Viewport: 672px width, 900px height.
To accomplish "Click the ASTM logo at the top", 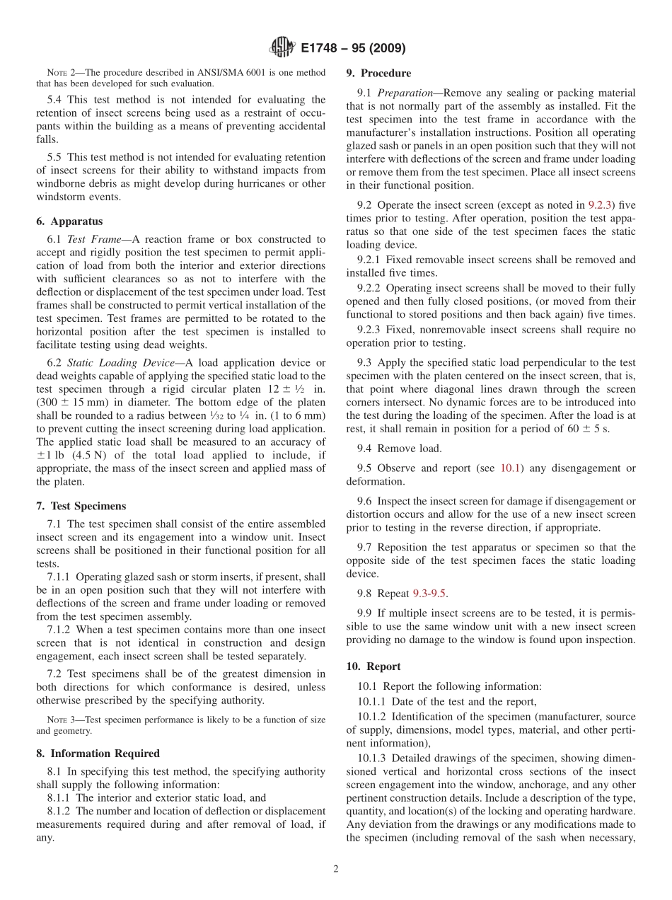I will pyautogui.click(x=282, y=48).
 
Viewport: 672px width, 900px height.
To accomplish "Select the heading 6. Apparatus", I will pyautogui.click(x=69, y=221).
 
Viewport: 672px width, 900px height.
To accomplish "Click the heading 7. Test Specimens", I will pyautogui.click(x=81, y=506).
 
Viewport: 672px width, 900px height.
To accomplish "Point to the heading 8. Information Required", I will pyautogui.click(x=98, y=754).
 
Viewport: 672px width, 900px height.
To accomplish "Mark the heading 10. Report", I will pyautogui.click(x=373, y=667).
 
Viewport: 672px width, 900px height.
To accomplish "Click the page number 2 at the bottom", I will pyautogui.click(x=336, y=870).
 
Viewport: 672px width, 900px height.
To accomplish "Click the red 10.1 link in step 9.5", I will pyautogui.click(x=510, y=468).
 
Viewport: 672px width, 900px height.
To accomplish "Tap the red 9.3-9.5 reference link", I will pyautogui.click(x=429, y=594).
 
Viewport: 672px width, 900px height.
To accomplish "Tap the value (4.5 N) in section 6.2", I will pyautogui.click(x=73, y=456).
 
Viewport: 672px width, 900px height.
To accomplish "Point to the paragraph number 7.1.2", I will pyautogui.click(x=62, y=630).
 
